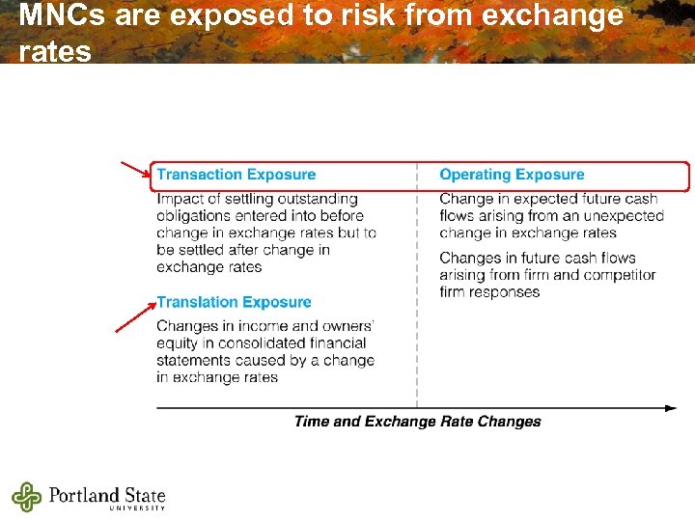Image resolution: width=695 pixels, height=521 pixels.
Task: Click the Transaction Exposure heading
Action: (x=236, y=175)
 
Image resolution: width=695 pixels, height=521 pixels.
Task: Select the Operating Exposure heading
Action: (x=512, y=175)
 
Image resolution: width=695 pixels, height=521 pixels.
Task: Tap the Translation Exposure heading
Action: (x=234, y=302)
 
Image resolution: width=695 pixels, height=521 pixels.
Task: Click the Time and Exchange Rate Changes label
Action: (x=417, y=421)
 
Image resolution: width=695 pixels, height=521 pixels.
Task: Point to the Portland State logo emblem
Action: (x=27, y=497)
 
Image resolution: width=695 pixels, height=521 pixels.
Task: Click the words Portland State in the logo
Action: (x=107, y=494)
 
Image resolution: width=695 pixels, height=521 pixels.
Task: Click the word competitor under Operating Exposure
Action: (x=622, y=275)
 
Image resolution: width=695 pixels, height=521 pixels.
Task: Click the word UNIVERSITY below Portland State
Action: (x=137, y=507)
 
